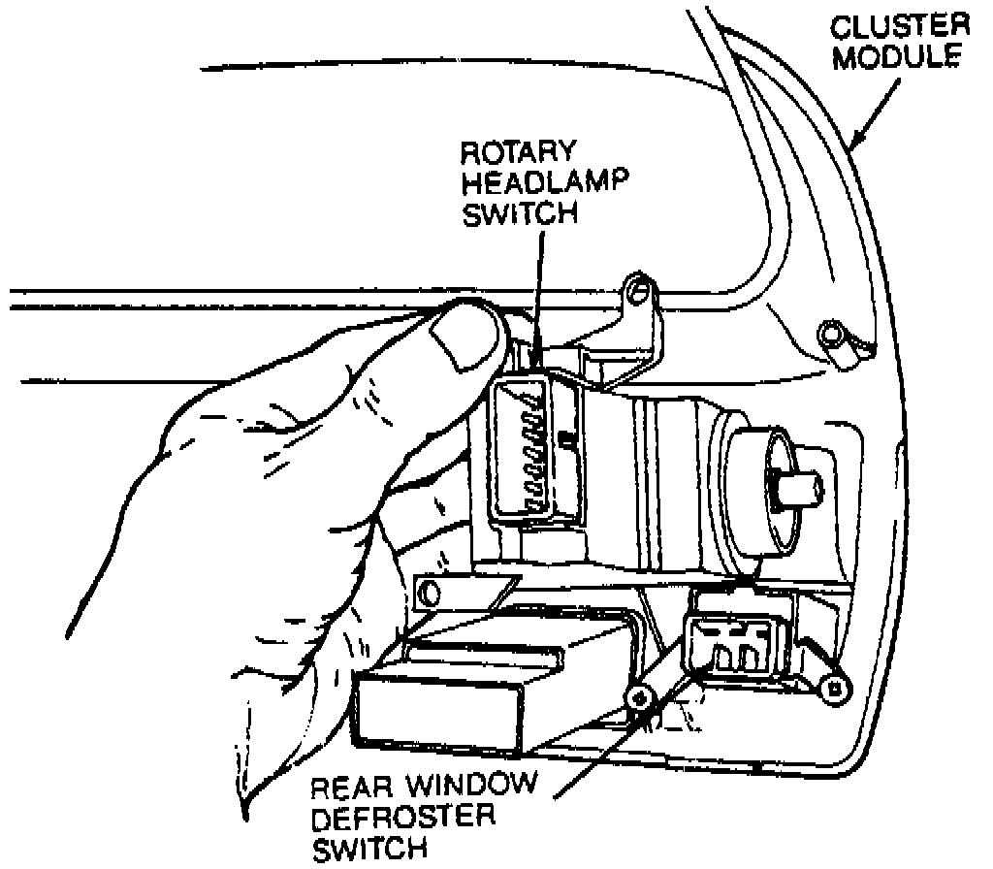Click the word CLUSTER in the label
pos(900,27)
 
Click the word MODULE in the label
pos(897,57)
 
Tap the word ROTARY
pos(518,152)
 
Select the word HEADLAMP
pos(545,183)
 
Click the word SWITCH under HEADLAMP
pos(520,213)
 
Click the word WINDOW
pos(470,786)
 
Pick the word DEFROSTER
pos(403,818)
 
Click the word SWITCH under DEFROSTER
pos(369,849)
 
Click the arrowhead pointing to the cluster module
pos(859,136)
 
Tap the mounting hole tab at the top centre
pos(639,293)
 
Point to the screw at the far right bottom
pos(835,686)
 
